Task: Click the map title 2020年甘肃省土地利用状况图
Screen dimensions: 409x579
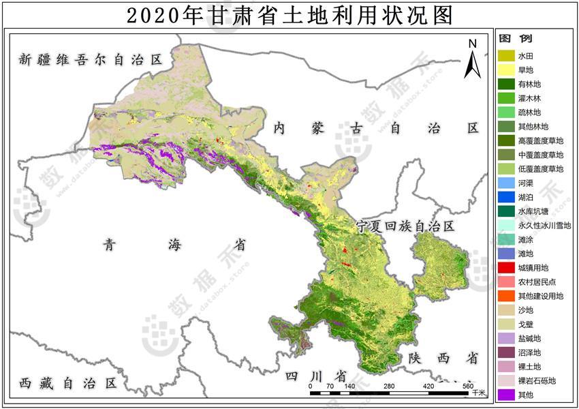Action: [289, 14]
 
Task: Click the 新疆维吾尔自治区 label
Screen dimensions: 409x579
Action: [91, 59]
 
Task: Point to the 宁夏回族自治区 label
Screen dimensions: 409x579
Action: [405, 226]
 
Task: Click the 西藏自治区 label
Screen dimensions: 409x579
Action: [68, 382]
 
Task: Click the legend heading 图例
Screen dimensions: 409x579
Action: [516, 39]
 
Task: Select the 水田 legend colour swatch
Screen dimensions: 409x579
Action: [506, 55]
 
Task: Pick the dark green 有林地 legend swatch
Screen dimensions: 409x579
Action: [506, 84]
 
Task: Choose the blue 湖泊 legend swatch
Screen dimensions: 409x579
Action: [506, 197]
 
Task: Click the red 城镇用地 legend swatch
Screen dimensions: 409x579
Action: [506, 268]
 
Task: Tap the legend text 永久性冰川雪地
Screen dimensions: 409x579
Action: [544, 225]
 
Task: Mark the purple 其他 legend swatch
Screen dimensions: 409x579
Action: [506, 395]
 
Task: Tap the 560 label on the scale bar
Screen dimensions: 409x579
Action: [468, 387]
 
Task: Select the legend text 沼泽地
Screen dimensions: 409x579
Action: [529, 352]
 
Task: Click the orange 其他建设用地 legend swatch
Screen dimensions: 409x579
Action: [506, 296]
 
